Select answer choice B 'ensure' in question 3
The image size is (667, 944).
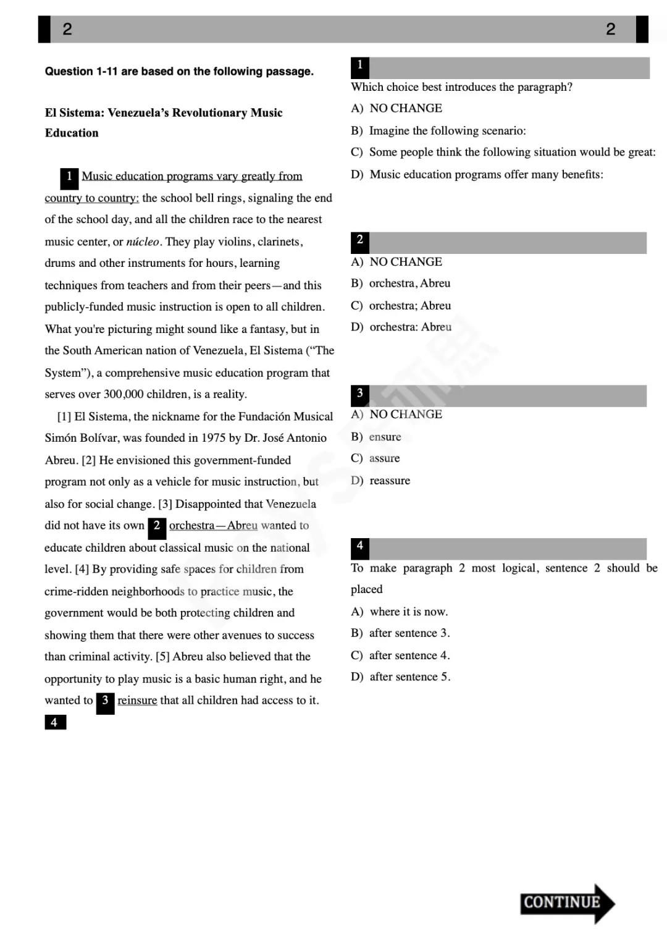385,437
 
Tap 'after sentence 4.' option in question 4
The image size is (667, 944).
409,655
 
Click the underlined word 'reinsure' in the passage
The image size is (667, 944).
137,700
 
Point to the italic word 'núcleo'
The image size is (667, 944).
143,242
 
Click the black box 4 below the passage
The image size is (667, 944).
55,722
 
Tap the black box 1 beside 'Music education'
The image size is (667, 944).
69,177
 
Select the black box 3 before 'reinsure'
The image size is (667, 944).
105,701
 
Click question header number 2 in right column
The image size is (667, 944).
359,241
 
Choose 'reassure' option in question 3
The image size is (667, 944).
389,481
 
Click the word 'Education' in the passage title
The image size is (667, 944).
72,133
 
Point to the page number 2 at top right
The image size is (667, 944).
610,29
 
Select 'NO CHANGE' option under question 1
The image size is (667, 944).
405,108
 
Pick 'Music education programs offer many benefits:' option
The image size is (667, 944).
486,174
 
